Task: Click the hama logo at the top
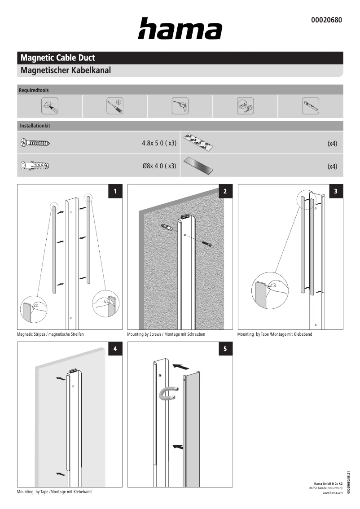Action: (x=180, y=29)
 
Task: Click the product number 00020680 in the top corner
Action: (x=326, y=20)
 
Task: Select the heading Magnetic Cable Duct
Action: (x=58, y=58)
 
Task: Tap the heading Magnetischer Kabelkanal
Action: (x=66, y=70)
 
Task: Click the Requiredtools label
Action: (x=34, y=90)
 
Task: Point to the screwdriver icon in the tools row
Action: (x=115, y=106)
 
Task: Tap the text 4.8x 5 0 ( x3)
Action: (x=159, y=144)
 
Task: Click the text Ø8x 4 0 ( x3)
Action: (x=159, y=166)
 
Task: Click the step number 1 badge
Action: (x=115, y=192)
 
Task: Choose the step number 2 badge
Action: (x=225, y=192)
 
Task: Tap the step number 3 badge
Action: (x=336, y=192)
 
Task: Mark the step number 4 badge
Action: (x=115, y=349)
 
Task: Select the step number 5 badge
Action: (x=225, y=349)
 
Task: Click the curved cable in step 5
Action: (x=166, y=394)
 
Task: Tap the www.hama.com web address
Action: (x=333, y=493)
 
